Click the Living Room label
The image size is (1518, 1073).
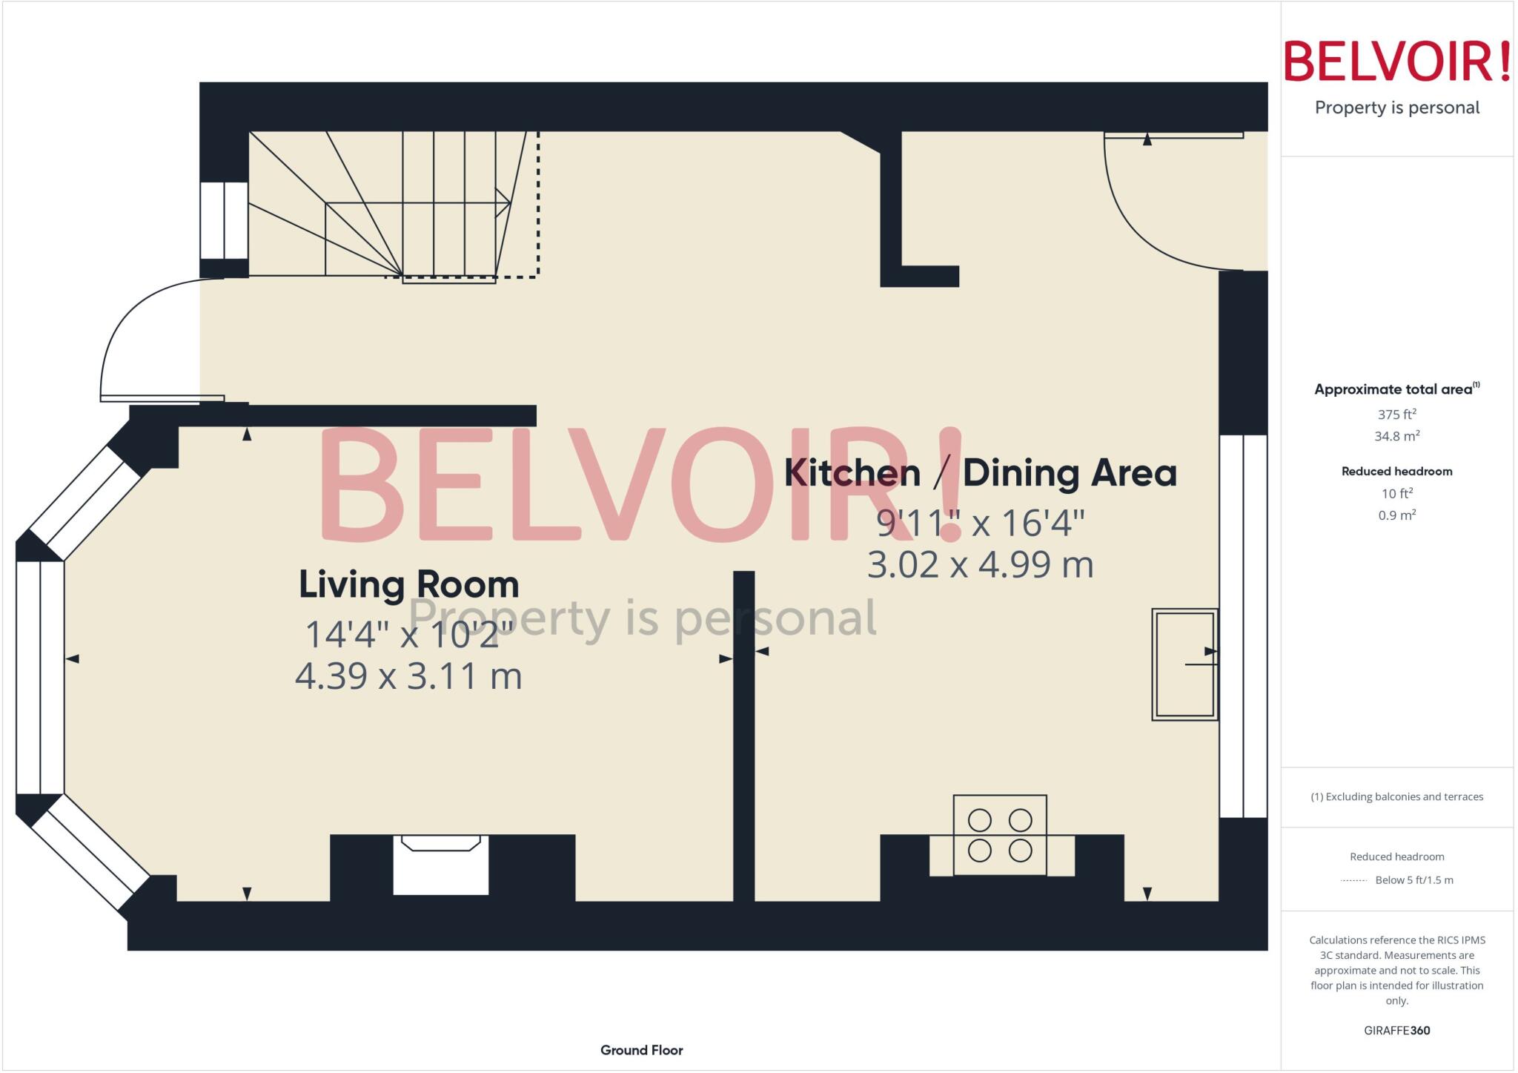tap(408, 584)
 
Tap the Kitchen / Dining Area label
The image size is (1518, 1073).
tap(980, 473)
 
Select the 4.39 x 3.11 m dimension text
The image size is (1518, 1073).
tap(408, 676)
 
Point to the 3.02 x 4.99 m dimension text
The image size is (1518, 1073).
tap(980, 564)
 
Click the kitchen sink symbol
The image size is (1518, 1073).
tap(1184, 664)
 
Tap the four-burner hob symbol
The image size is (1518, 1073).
tap(999, 835)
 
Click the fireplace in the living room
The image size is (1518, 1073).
tap(440, 865)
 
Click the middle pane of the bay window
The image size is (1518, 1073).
tap(40, 677)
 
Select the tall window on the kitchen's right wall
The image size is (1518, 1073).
tap(1243, 626)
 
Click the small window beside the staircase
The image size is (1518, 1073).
tap(224, 220)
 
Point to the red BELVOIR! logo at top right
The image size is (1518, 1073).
tap(1396, 62)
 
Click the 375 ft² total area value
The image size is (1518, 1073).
tap(1396, 415)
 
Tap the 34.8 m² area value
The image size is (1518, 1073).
tap(1396, 436)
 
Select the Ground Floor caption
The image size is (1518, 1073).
tap(641, 1050)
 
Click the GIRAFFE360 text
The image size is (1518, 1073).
tap(1396, 1030)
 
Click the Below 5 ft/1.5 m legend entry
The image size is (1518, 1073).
tap(1413, 880)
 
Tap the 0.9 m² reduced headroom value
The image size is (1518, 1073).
tap(1396, 515)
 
